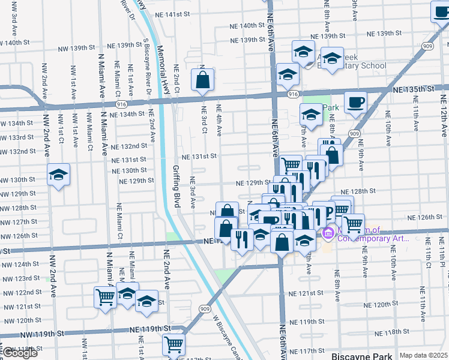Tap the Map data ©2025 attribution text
point(423,355)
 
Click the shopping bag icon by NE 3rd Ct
point(203,79)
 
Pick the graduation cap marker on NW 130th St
point(59,175)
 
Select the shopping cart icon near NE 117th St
point(173,344)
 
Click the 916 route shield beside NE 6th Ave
point(292,94)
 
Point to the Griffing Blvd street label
point(177,186)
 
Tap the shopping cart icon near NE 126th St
point(353,224)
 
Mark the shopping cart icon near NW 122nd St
point(105,297)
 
